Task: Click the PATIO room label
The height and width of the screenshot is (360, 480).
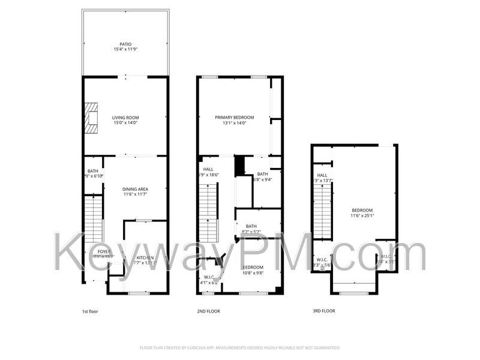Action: pos(125,44)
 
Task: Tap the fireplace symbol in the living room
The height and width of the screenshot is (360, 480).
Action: pos(91,118)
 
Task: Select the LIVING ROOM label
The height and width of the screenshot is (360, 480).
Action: pos(125,118)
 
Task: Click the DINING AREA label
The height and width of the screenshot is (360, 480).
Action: pos(136,189)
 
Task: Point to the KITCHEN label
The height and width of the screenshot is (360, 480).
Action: pos(145,257)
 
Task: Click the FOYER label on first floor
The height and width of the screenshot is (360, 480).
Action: pos(104,251)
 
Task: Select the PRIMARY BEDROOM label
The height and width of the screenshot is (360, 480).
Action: pos(235,118)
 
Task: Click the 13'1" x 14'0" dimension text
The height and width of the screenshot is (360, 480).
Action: pos(235,124)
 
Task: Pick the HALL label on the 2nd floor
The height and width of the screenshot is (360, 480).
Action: pos(208,169)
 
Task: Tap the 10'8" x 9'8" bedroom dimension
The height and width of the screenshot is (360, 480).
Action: pos(252,273)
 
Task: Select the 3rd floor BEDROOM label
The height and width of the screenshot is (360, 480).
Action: pos(362,210)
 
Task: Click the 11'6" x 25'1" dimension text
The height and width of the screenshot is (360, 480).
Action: pos(362,216)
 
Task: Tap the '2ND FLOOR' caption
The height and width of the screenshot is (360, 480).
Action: pos(209,311)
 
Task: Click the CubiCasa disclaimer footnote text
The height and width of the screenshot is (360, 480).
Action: pos(240,347)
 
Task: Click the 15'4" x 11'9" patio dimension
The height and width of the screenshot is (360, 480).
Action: pos(125,50)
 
